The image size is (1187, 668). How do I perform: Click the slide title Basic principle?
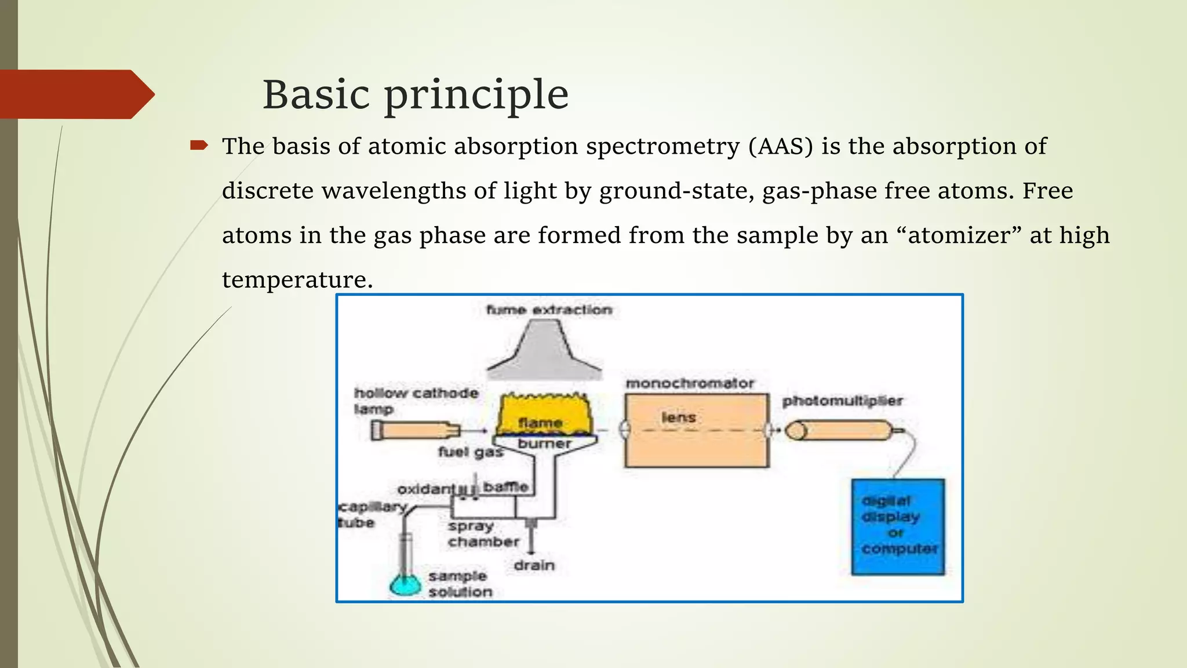pyautogui.click(x=416, y=95)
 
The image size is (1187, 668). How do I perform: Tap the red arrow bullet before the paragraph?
pyautogui.click(x=199, y=146)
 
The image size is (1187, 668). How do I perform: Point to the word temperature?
pyautogui.click(x=297, y=280)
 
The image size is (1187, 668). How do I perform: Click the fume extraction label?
pyautogui.click(x=549, y=310)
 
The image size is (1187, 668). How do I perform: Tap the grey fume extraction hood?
pyautogui.click(x=544, y=354)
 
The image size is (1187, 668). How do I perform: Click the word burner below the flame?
pyautogui.click(x=544, y=444)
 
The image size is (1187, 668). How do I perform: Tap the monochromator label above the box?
pyautogui.click(x=690, y=383)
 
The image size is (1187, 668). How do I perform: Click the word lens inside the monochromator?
pyautogui.click(x=678, y=418)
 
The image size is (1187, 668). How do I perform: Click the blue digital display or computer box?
pyautogui.click(x=898, y=526)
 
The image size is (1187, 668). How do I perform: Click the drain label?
pyautogui.click(x=534, y=565)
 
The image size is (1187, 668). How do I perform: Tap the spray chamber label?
pyautogui.click(x=483, y=534)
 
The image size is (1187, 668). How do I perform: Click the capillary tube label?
pyautogui.click(x=372, y=514)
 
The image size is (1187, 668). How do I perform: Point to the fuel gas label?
pyautogui.click(x=470, y=452)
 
